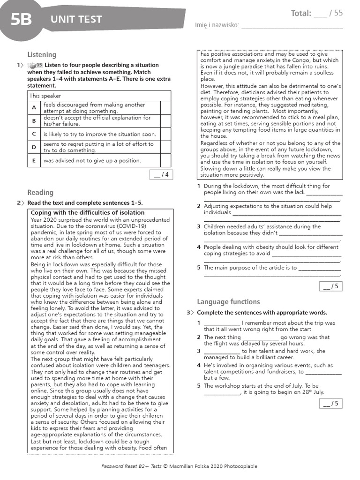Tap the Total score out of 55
(316, 13)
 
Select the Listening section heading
(41, 55)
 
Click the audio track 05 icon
(35, 65)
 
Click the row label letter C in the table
(34, 134)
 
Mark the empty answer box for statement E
(165, 160)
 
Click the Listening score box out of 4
(160, 175)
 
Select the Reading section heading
(40, 192)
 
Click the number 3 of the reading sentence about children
(199, 226)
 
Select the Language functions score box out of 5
(330, 404)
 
